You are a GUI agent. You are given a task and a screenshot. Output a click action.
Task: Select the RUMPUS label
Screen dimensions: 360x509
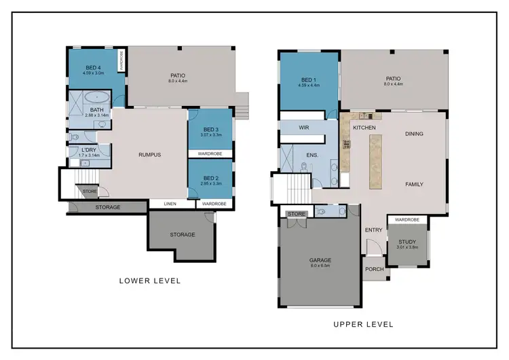point(149,155)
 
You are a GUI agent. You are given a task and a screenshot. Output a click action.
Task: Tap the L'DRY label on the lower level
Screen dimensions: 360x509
point(89,150)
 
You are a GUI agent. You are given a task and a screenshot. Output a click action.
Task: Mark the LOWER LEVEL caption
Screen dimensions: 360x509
point(149,281)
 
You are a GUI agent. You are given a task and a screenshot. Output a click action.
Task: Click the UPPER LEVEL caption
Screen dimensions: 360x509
point(363,324)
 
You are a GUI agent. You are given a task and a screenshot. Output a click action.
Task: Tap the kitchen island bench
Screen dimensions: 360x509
point(375,161)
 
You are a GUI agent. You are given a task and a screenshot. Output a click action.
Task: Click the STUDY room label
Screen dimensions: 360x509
point(407,241)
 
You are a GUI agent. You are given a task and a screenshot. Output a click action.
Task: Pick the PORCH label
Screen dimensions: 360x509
point(374,269)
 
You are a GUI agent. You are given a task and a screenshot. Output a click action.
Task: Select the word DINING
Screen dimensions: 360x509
point(414,134)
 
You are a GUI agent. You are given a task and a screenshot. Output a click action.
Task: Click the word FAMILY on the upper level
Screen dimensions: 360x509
point(414,184)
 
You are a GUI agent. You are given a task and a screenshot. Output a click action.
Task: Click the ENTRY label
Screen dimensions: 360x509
point(373,230)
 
